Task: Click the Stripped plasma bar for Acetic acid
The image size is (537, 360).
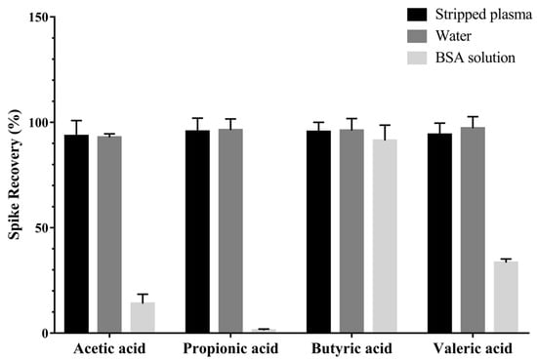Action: (x=76, y=234)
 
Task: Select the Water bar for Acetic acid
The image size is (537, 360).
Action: (x=109, y=234)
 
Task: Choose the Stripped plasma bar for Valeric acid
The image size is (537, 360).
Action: (x=439, y=233)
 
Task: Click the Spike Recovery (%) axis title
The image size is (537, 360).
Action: (x=12, y=176)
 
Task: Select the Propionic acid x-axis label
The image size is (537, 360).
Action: (x=230, y=348)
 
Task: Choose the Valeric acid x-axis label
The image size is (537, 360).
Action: (x=473, y=348)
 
